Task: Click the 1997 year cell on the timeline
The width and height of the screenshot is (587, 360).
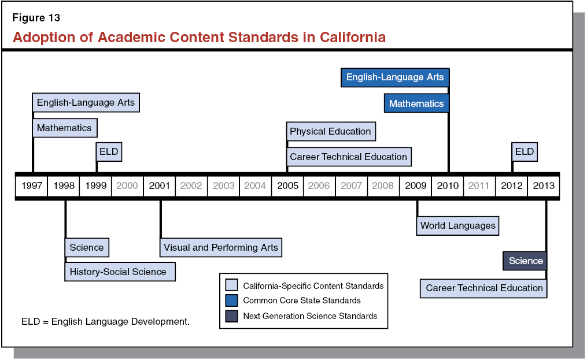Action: pyautogui.click(x=32, y=185)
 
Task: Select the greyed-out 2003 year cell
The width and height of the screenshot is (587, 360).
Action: pyautogui.click(x=223, y=185)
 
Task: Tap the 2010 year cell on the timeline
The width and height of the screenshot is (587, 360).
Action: pyautogui.click(x=448, y=185)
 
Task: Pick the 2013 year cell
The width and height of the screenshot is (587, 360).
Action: pyautogui.click(x=543, y=185)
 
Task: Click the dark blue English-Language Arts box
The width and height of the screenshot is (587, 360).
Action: pyautogui.click(x=395, y=77)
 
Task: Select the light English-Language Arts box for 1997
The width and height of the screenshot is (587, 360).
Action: pyautogui.click(x=86, y=103)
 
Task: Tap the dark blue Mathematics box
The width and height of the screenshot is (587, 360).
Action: pyautogui.click(x=416, y=104)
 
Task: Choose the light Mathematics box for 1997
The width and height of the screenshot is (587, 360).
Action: pyautogui.click(x=64, y=128)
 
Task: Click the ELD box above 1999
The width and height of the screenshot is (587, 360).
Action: pyautogui.click(x=109, y=152)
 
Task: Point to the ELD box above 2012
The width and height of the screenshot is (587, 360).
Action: pyautogui.click(x=525, y=152)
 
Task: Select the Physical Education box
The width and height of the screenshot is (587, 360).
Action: pyautogui.click(x=331, y=132)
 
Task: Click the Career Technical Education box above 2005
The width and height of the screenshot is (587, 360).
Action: pyautogui.click(x=348, y=157)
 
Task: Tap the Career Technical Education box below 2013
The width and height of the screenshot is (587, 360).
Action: pyautogui.click(x=484, y=288)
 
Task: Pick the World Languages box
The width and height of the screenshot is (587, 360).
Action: pyautogui.click(x=457, y=225)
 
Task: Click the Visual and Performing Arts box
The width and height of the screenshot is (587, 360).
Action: pyautogui.click(x=221, y=247)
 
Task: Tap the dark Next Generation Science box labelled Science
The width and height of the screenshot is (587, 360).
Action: pyautogui.click(x=525, y=261)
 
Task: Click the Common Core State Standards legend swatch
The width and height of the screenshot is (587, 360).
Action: pyautogui.click(x=231, y=300)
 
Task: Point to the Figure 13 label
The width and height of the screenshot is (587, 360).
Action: pyautogui.click(x=36, y=18)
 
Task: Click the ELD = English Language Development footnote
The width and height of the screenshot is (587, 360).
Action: pyautogui.click(x=105, y=321)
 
